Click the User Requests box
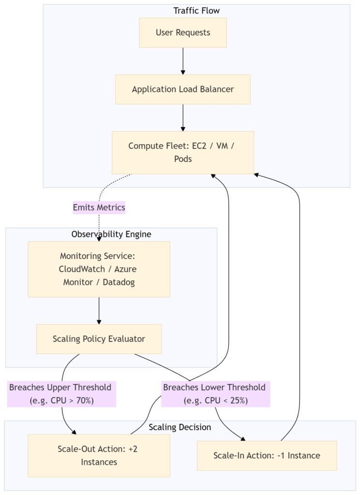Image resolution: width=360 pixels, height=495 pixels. [x=183, y=32]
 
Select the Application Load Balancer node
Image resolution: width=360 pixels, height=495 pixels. [x=183, y=89]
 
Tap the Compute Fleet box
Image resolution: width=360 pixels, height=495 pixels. [x=183, y=152]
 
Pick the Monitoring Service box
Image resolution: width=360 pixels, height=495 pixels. [x=99, y=269]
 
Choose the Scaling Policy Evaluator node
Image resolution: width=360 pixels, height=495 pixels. [x=99, y=339]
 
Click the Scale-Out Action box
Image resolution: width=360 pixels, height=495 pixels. [x=99, y=455]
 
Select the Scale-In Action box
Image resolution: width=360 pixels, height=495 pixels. [x=267, y=455]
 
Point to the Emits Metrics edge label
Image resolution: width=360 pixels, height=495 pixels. [x=99, y=207]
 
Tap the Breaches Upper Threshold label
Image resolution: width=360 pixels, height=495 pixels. [x=61, y=394]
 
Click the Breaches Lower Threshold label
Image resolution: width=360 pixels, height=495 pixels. [x=215, y=394]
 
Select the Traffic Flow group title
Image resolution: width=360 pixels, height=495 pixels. [x=196, y=11]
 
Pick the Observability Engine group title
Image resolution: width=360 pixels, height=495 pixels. [x=111, y=234]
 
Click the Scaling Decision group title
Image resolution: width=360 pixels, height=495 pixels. [x=180, y=427]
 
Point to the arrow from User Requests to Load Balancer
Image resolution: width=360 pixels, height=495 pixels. [x=183, y=61]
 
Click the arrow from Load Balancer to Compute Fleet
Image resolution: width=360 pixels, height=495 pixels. [x=183, y=118]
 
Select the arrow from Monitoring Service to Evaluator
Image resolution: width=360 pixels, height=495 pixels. [x=99, y=311]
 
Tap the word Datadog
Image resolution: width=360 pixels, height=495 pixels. [x=119, y=282]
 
